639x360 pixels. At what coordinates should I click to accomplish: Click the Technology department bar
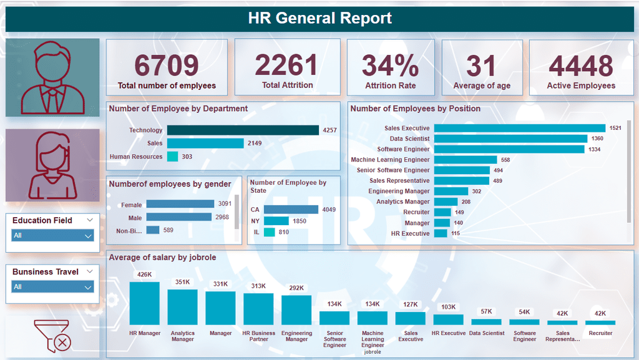[x=243, y=130]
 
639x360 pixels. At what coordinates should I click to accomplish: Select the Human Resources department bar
[x=173, y=157]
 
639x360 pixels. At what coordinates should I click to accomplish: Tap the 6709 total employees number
[x=167, y=66]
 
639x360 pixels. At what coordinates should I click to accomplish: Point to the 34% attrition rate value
[x=391, y=66]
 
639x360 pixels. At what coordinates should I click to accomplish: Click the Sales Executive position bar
[x=519, y=129]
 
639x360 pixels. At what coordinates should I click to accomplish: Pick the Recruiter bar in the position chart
[x=442, y=212]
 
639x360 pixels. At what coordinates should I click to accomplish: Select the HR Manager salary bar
[x=145, y=303]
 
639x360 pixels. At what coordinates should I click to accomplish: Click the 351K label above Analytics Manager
[x=183, y=282]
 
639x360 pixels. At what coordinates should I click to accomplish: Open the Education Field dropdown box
[x=53, y=236]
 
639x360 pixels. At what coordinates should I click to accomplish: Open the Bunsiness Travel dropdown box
[x=53, y=287]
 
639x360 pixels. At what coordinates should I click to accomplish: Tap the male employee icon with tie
[x=52, y=77]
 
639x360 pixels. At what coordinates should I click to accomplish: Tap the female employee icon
[x=52, y=165]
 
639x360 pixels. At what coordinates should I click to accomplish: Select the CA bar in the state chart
[x=291, y=210]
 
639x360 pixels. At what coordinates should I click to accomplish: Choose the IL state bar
[x=270, y=232]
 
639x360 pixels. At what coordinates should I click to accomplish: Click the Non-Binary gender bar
[x=153, y=230]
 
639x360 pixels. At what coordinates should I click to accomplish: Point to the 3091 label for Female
[x=225, y=205]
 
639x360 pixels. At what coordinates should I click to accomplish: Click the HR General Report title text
[x=319, y=18]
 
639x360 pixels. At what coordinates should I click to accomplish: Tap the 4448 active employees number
[x=580, y=66]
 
